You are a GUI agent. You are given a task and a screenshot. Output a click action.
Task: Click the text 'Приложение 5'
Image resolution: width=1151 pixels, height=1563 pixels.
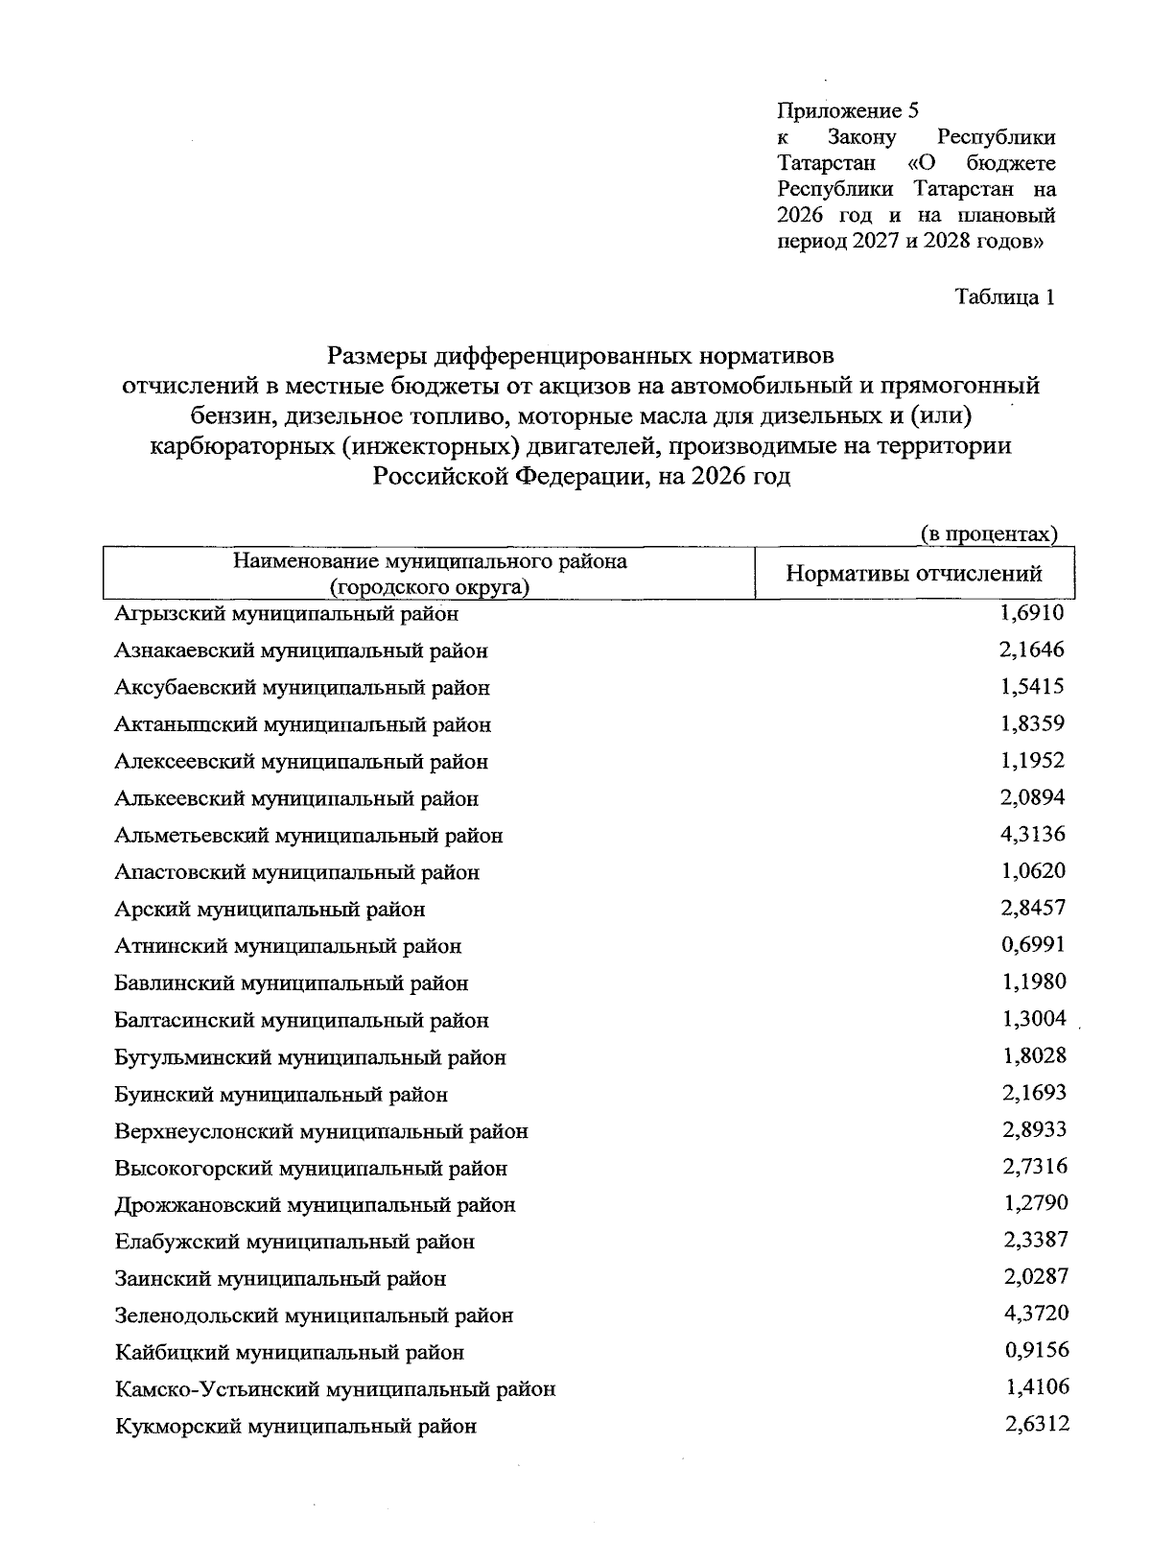tap(848, 110)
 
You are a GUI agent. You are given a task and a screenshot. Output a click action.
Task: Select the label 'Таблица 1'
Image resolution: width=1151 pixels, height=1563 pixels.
tap(1005, 297)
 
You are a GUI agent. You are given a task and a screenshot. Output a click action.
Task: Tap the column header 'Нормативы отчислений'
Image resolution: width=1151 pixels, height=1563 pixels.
tap(914, 574)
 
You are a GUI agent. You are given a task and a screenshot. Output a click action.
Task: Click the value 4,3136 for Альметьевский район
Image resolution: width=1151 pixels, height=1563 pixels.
tap(1032, 834)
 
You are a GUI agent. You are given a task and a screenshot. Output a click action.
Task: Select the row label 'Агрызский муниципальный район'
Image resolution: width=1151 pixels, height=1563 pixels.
tap(286, 613)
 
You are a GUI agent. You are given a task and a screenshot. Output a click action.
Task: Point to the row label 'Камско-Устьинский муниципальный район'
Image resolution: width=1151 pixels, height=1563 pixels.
tap(335, 1389)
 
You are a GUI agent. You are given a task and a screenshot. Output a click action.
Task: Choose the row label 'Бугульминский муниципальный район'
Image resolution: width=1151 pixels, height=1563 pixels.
tap(310, 1057)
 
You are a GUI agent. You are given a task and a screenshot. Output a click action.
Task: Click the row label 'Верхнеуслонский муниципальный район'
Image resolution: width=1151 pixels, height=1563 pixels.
tap(321, 1131)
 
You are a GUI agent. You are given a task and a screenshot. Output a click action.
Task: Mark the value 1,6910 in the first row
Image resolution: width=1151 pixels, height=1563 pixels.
tap(1031, 612)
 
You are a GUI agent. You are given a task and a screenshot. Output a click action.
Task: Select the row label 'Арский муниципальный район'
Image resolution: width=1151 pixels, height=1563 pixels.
tap(270, 909)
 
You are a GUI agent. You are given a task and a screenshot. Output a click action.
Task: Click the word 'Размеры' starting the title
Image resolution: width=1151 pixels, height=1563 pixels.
tap(376, 357)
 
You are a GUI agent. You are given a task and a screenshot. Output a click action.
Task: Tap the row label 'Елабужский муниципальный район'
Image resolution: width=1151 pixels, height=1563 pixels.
tap(294, 1242)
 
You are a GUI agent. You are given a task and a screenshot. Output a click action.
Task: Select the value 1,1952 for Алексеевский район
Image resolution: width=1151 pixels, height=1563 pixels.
tap(1032, 760)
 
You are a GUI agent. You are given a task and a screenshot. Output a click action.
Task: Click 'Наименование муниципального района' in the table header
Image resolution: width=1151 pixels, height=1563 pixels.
tap(431, 561)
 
